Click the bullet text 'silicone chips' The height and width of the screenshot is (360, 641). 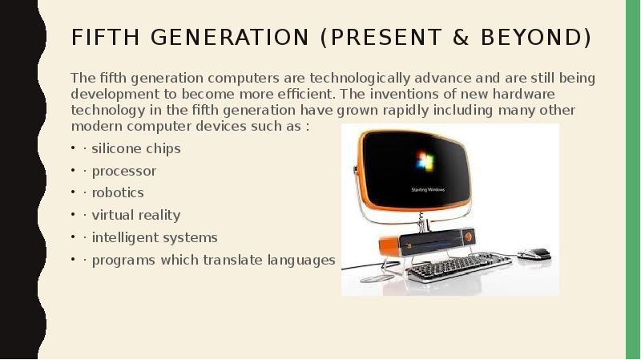pos(136,148)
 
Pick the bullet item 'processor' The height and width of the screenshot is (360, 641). pos(124,171)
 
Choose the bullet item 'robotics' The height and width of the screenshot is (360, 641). pos(118,192)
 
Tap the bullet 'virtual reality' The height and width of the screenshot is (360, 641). pos(136,215)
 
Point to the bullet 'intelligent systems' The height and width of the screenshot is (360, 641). pos(155,237)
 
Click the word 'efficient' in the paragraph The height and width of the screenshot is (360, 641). pos(298,94)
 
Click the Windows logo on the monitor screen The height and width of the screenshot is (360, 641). pos(425,160)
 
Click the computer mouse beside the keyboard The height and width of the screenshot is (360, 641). pos(535,254)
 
